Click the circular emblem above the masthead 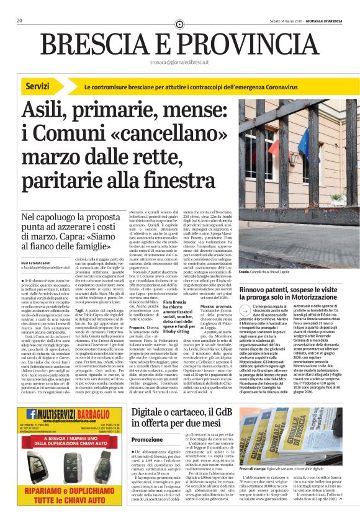coord(180,24)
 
